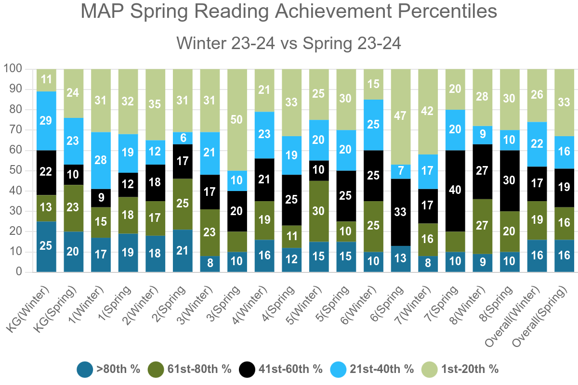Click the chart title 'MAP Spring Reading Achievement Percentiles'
[x=289, y=12]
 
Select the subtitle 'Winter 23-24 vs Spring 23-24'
[x=289, y=43]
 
